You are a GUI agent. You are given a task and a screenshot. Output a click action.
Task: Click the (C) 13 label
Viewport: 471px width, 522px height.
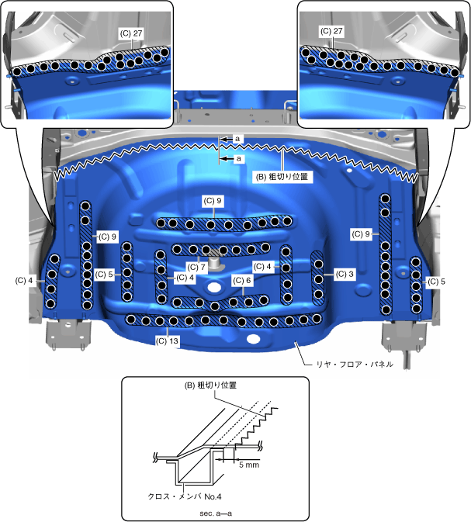[167, 341]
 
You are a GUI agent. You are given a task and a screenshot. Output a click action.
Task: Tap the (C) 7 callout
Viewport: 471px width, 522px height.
[196, 268]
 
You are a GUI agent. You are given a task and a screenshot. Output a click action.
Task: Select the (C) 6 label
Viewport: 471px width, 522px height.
[242, 281]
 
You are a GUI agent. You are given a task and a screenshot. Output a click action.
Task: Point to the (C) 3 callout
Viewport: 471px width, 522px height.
[345, 275]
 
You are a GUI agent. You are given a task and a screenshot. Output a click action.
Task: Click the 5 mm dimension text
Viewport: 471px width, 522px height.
[249, 465]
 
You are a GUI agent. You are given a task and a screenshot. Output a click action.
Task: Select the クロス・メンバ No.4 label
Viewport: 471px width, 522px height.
[185, 496]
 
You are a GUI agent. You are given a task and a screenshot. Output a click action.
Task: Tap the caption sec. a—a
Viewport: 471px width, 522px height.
[216, 513]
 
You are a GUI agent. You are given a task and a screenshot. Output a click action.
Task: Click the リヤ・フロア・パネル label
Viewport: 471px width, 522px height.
[355, 365]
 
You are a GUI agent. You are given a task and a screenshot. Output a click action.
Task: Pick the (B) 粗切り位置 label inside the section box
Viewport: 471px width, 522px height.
[210, 385]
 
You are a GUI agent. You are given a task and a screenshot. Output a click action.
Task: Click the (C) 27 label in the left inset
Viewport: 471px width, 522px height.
[131, 33]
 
